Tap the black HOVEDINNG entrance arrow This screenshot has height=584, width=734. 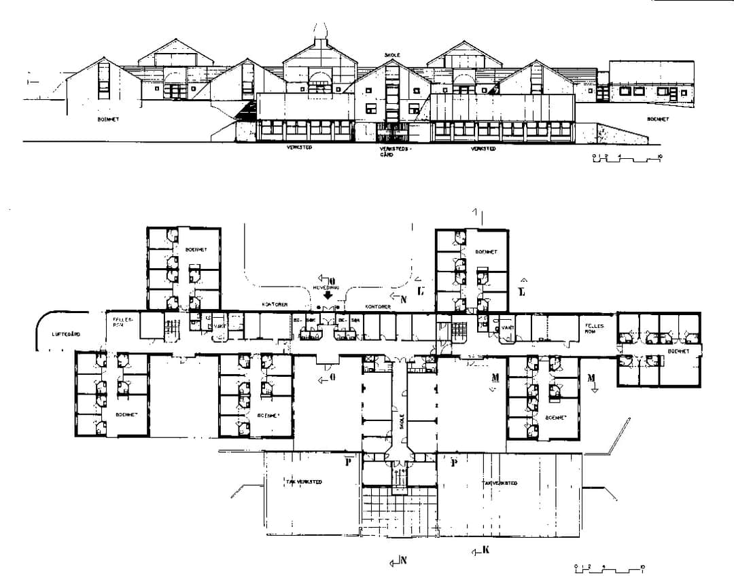pyautogui.click(x=327, y=295)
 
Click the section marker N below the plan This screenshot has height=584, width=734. pyautogui.click(x=402, y=560)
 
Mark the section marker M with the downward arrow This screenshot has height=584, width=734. pyautogui.click(x=591, y=379)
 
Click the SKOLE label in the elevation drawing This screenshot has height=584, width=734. pyautogui.click(x=392, y=54)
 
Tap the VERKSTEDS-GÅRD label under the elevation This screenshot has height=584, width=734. pyautogui.click(x=390, y=150)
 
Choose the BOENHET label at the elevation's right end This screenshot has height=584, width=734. pyautogui.click(x=657, y=119)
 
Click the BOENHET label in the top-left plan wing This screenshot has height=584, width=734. pyautogui.click(x=196, y=250)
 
